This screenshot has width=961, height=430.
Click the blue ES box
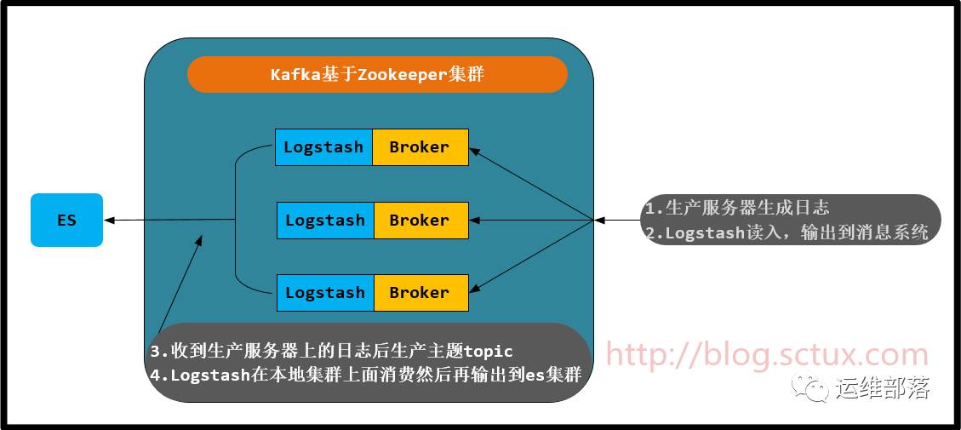coord(66,221)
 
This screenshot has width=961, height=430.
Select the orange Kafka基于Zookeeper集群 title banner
coord(377,74)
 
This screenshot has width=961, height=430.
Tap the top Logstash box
coord(323,147)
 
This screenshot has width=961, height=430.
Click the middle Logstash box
coord(324,221)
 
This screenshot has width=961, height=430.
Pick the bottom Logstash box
coord(324,293)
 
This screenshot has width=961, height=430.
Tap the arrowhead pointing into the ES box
coord(110,221)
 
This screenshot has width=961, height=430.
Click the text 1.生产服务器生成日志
coord(737,207)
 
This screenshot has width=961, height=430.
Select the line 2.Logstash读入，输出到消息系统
coord(787,232)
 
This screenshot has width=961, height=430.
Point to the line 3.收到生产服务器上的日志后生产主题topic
coord(332,351)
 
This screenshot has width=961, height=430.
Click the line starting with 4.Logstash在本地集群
coord(366,374)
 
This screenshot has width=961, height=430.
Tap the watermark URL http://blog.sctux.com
coord(766,355)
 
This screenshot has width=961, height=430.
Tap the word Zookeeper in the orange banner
coord(402,74)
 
